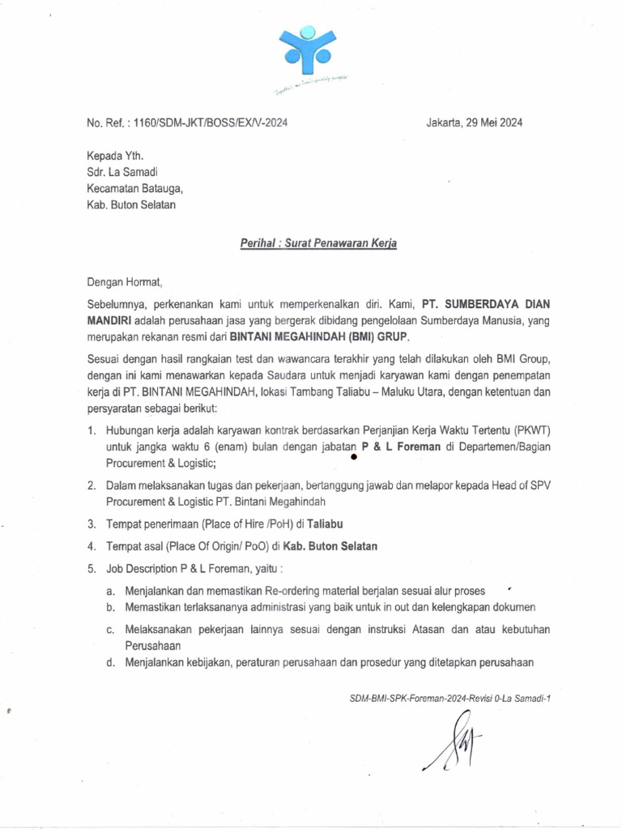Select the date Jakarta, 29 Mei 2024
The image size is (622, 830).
(x=474, y=123)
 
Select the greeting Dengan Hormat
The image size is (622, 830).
(x=126, y=283)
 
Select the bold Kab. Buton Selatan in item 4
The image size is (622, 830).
(x=326, y=546)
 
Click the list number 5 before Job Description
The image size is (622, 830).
(x=92, y=569)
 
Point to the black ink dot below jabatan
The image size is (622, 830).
(x=354, y=458)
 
